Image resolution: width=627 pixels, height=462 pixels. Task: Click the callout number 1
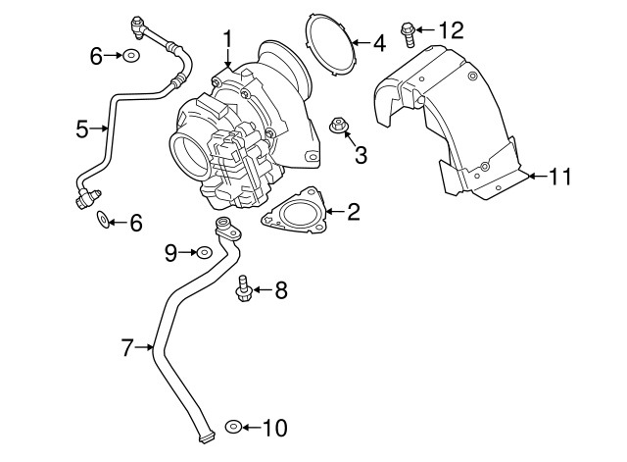[227, 39]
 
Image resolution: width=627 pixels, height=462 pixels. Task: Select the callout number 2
[354, 211]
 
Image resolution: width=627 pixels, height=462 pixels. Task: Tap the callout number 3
[361, 154]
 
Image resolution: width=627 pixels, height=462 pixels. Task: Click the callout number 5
[83, 127]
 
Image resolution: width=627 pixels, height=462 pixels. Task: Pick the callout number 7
[126, 347]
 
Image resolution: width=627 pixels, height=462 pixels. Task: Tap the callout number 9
[170, 253]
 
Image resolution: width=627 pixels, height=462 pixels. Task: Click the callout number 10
[275, 428]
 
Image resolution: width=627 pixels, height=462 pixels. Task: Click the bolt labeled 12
[408, 33]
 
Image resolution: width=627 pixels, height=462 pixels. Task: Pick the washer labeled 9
[202, 253]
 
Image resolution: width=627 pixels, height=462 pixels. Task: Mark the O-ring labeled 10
[233, 427]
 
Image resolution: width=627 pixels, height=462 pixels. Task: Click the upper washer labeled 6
[130, 56]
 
